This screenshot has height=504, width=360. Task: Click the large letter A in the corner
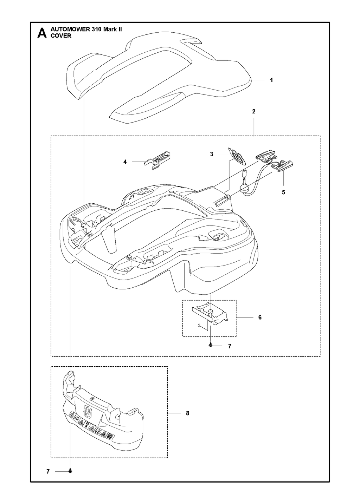click(42, 33)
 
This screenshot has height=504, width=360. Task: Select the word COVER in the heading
click(61, 36)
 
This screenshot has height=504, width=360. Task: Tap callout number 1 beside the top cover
click(271, 80)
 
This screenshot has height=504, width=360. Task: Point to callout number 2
click(254, 111)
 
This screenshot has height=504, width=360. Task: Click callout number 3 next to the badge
click(212, 154)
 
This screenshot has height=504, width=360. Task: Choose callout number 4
click(125, 162)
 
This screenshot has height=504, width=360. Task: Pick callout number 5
click(283, 192)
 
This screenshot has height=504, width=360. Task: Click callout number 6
click(260, 317)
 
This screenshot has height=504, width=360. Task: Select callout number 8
click(188, 413)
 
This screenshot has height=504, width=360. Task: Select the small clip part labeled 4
click(157, 161)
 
